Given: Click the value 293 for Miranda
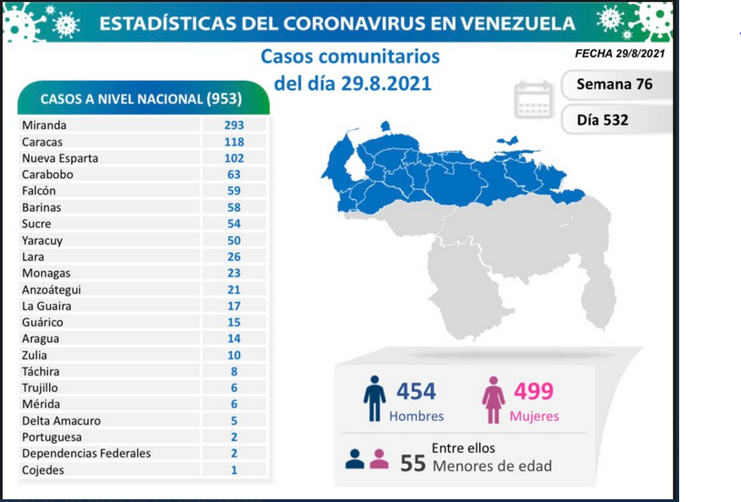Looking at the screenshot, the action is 234,125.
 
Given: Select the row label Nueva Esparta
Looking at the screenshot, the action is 60,158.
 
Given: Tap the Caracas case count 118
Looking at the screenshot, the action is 234,142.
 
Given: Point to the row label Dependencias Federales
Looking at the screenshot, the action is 86,453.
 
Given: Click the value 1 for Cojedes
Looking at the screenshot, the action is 234,470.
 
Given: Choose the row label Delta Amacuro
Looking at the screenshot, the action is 61,421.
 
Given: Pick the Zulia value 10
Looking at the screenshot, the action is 234,355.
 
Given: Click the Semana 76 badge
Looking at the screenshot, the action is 616,85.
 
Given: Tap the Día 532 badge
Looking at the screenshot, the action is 616,120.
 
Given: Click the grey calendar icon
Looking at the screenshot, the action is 533,99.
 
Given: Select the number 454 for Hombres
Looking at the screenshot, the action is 416,391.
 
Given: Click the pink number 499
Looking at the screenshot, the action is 534,391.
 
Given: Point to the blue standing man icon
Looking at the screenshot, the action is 375,398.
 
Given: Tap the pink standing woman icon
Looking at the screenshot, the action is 494,400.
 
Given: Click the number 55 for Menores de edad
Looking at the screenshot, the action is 413,464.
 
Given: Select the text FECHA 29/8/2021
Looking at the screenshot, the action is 619,54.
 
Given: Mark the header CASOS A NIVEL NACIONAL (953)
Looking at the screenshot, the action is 141,99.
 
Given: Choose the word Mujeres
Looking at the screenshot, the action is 534,417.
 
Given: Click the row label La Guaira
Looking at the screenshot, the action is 46,306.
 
